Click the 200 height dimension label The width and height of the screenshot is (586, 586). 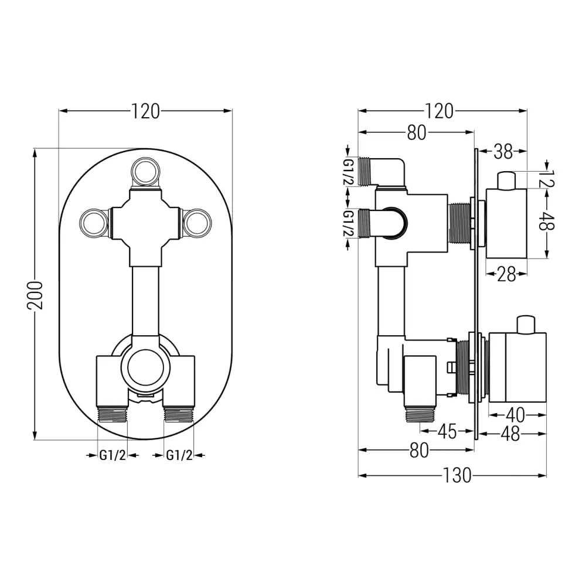36,295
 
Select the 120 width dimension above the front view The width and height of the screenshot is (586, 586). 145,111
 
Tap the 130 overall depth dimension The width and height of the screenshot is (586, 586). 458,475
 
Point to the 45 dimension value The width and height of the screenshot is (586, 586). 447,432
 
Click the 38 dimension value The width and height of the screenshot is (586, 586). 502,152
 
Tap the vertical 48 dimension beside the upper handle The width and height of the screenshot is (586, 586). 547,222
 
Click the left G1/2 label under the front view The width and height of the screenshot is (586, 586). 113,455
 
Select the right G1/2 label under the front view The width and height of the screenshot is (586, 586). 179,455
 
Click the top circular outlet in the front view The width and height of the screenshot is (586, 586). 145,172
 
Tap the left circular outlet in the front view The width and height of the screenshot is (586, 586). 94,223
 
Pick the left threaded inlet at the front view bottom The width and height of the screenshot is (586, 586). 112,415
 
